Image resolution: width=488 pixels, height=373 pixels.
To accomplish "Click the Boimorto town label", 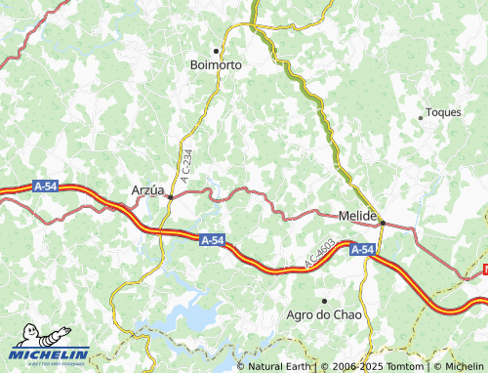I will click(215, 64).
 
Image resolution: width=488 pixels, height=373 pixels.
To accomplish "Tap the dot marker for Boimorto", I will click(216, 50).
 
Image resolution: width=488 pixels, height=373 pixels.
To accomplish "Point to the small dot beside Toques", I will click(421, 117).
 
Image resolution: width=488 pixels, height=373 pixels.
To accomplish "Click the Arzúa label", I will click(147, 190).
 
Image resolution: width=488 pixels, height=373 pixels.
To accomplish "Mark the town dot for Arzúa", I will click(170, 196).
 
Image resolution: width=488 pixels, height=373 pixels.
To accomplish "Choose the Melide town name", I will click(357, 215).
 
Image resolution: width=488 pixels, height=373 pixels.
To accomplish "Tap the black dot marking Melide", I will click(383, 222).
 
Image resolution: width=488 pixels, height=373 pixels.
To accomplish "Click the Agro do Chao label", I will click(324, 314).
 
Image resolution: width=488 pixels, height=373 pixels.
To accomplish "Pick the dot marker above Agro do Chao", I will click(324, 300).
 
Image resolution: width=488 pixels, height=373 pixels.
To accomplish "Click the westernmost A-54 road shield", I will click(45, 186).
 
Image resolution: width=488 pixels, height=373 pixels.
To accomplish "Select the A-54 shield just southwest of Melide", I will click(362, 250).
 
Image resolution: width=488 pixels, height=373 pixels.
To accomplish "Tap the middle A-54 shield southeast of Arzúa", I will click(212, 239).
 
